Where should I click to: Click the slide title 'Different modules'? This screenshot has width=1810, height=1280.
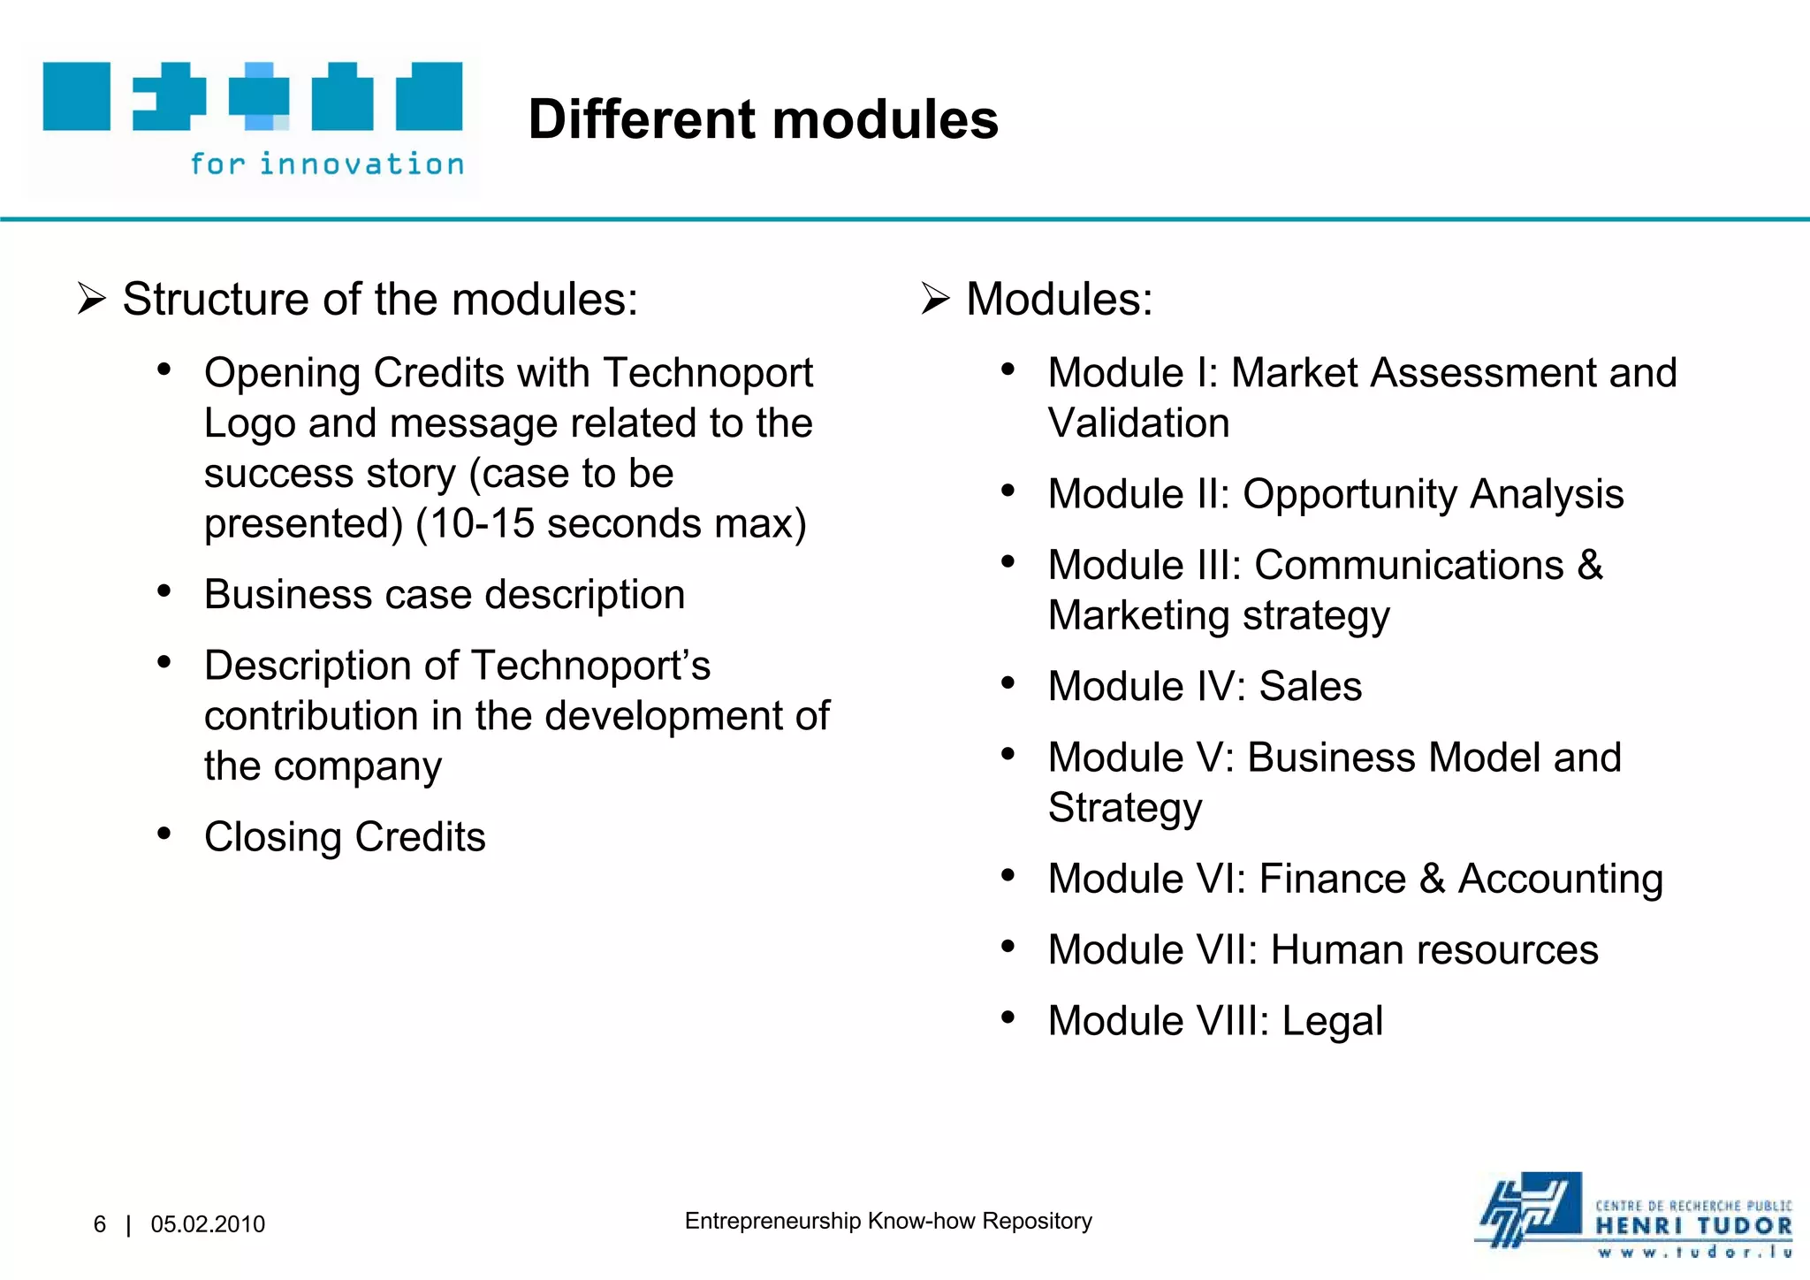point(763,119)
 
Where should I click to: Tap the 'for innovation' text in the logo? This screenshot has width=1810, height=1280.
point(327,164)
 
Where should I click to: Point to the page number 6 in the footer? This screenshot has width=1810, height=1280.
point(100,1224)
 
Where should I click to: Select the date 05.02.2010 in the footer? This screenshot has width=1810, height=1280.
point(208,1224)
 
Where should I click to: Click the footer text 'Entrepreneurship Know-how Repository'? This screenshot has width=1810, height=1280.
point(888,1221)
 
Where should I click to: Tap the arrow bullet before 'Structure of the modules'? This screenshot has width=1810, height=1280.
point(91,299)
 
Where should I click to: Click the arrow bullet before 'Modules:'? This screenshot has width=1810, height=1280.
point(935,299)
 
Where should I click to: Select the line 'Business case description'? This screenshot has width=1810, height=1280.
point(445,594)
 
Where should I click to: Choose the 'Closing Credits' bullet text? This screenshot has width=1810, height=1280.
point(345,836)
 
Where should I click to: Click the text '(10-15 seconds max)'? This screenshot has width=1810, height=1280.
point(611,523)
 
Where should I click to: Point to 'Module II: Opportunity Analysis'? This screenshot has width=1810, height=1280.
point(1335,493)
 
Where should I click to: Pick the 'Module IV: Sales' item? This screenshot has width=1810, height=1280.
point(1205,686)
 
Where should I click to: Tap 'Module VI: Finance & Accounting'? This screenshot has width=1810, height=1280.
point(1355,879)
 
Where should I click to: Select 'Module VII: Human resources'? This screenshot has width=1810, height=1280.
point(1323,949)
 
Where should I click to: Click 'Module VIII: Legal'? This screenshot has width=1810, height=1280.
point(1215,1021)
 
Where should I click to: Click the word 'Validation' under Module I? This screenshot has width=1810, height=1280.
point(1138,423)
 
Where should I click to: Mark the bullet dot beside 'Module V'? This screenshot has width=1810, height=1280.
point(1008,754)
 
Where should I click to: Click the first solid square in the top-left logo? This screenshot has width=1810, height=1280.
point(77,96)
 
